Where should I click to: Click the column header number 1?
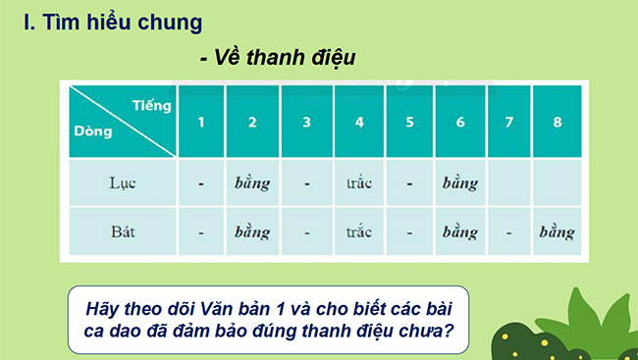200,123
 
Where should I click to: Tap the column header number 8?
558,123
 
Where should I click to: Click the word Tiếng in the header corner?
151,103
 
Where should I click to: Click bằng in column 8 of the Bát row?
558,233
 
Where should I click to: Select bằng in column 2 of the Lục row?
252,182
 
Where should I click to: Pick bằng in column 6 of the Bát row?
458,233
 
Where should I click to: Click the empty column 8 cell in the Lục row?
558,182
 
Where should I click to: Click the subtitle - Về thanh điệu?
277,59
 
